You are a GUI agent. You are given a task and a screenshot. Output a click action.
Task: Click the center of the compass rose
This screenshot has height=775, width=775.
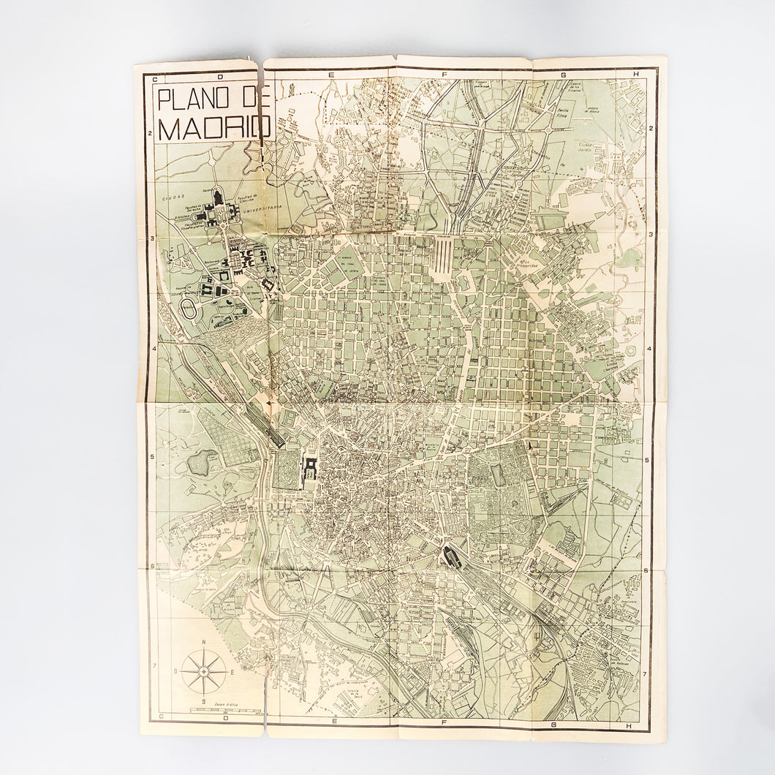(x=204, y=671)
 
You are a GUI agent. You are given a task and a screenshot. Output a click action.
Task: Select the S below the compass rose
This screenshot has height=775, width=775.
(x=204, y=700)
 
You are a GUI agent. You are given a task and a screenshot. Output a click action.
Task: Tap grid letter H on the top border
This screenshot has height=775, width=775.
(x=637, y=73)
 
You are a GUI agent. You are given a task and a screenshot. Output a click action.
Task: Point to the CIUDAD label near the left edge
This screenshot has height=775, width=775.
(x=173, y=197)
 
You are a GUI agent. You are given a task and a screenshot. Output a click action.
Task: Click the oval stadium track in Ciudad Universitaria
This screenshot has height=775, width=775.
(x=188, y=308)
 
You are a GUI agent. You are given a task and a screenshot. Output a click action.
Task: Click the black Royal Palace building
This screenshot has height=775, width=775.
(x=310, y=466)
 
